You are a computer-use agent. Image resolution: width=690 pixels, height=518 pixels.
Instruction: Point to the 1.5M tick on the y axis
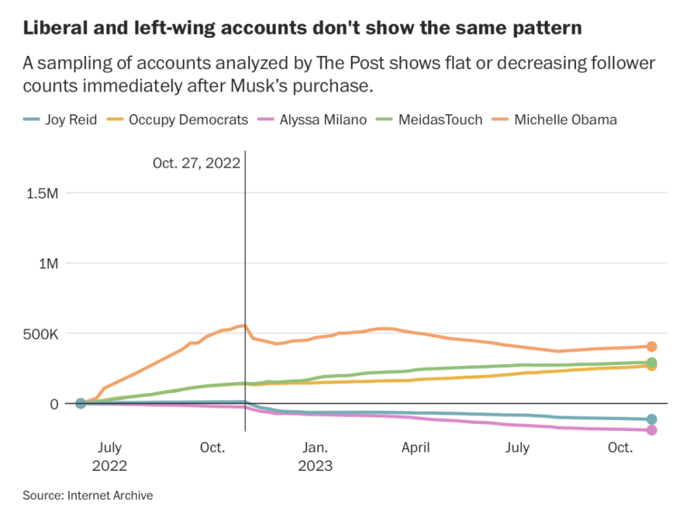pos(42,193)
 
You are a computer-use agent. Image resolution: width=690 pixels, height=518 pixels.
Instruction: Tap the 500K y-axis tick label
pos(43,334)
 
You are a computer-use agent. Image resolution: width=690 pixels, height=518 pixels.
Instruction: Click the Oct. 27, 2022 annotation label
pos(196,163)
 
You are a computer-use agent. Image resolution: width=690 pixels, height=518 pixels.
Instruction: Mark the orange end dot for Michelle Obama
pos(651,347)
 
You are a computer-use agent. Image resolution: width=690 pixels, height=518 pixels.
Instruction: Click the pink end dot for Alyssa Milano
pos(651,430)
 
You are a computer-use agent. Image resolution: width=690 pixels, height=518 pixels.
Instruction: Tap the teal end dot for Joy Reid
pos(651,419)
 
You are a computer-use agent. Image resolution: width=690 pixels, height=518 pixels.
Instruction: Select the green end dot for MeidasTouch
pos(651,363)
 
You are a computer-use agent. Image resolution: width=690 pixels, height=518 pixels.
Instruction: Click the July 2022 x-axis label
pos(110,456)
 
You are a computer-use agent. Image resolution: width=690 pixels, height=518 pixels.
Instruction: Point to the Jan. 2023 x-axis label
pos(315,456)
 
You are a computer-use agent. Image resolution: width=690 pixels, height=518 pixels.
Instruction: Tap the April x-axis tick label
pos(416,448)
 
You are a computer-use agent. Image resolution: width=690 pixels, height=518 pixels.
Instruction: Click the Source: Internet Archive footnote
pos(88,495)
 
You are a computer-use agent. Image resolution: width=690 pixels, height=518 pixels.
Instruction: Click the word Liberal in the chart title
pos(52,29)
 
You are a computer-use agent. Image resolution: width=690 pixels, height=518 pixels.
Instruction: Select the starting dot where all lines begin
pos(81,403)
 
